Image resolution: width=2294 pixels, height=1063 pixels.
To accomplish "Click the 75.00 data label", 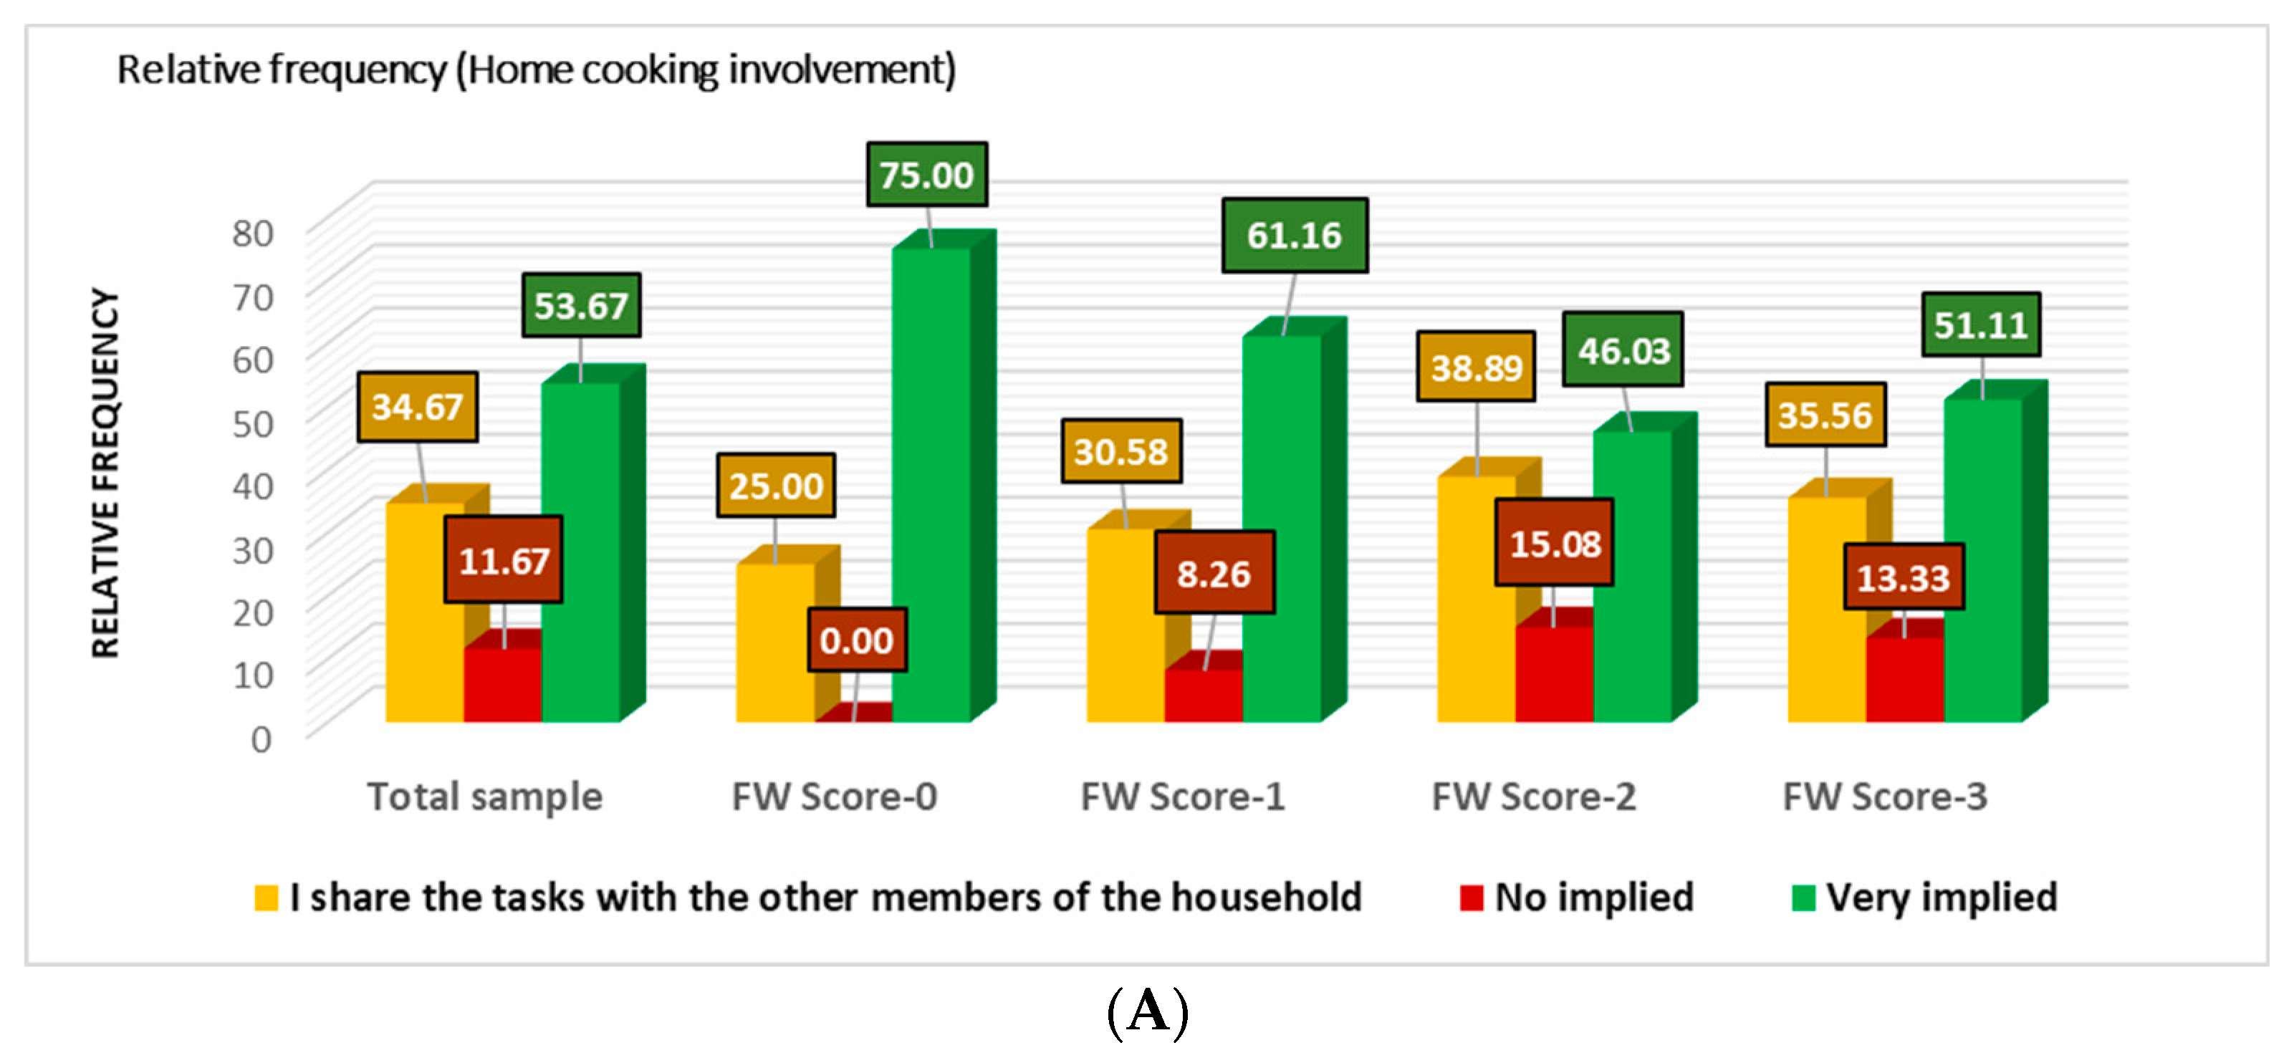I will coord(926,175).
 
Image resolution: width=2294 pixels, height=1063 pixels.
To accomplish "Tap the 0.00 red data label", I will coord(857,640).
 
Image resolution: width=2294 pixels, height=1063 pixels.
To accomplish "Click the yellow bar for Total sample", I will coord(424,615).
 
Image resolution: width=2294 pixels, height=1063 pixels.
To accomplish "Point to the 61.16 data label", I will coord(1294,235).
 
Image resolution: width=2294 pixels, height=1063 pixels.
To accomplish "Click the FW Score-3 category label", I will coord(1884,796).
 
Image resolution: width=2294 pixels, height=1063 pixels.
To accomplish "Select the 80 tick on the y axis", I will coord(252,234).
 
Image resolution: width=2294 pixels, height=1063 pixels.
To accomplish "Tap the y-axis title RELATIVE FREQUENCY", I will coord(105,473).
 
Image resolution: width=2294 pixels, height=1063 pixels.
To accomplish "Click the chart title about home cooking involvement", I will coord(536,69).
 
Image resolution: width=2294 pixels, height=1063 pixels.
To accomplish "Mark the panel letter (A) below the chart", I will coord(1147,1013).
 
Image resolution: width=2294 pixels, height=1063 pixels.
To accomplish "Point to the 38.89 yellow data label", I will coord(1476,367).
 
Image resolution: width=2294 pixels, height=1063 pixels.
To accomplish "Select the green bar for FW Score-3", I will coord(1982,561).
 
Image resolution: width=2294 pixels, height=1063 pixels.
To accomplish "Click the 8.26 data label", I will coord(1214,573).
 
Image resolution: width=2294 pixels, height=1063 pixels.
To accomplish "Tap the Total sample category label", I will coord(484,796).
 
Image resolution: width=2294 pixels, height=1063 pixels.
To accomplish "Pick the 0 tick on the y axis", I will coord(261,739).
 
